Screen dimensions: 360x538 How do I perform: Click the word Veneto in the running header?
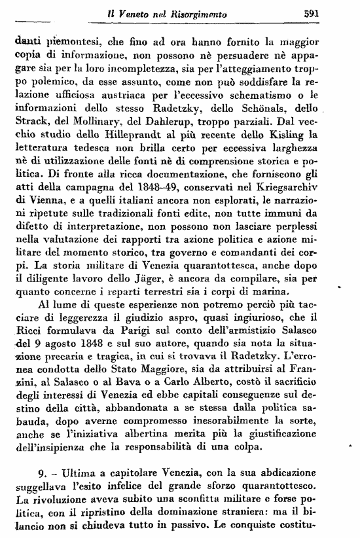129,11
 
